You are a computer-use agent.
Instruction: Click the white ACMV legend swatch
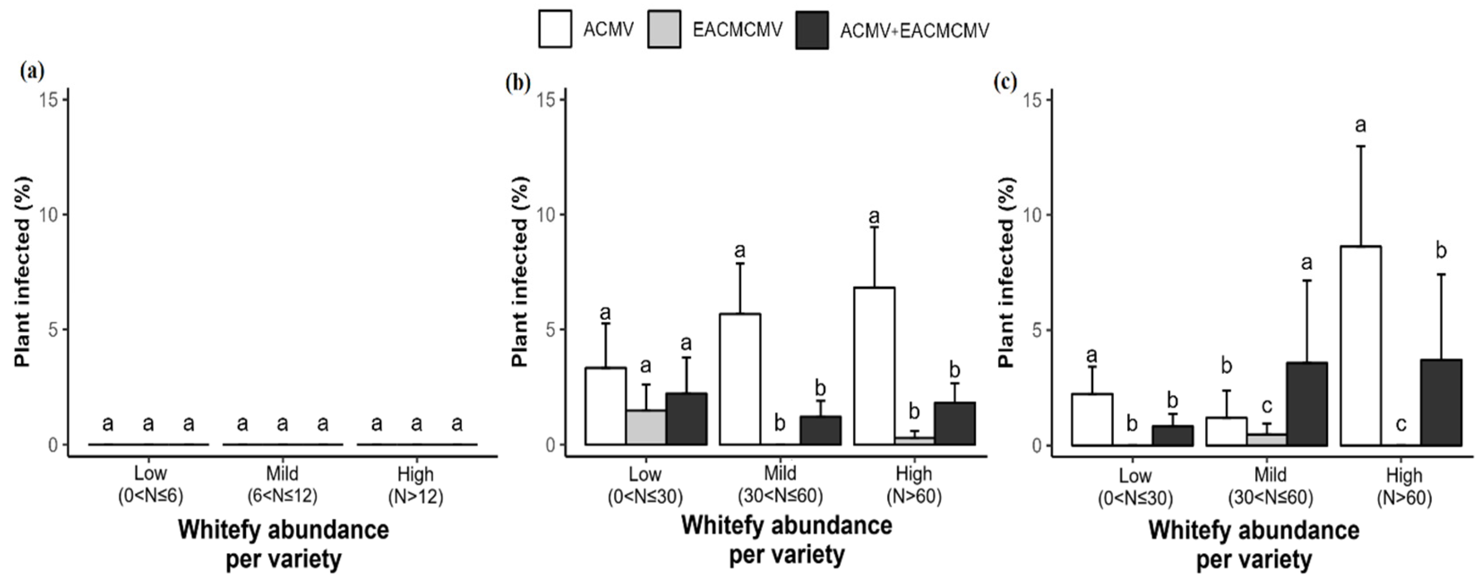tap(555, 29)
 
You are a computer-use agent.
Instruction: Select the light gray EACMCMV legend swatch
tap(664, 29)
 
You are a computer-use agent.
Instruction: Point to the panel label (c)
tap(1005, 82)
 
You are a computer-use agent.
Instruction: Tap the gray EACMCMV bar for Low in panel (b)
tap(646, 427)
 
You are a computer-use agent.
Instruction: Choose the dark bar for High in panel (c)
tap(1441, 402)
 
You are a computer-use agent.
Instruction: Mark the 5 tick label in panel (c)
tap(1037, 330)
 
